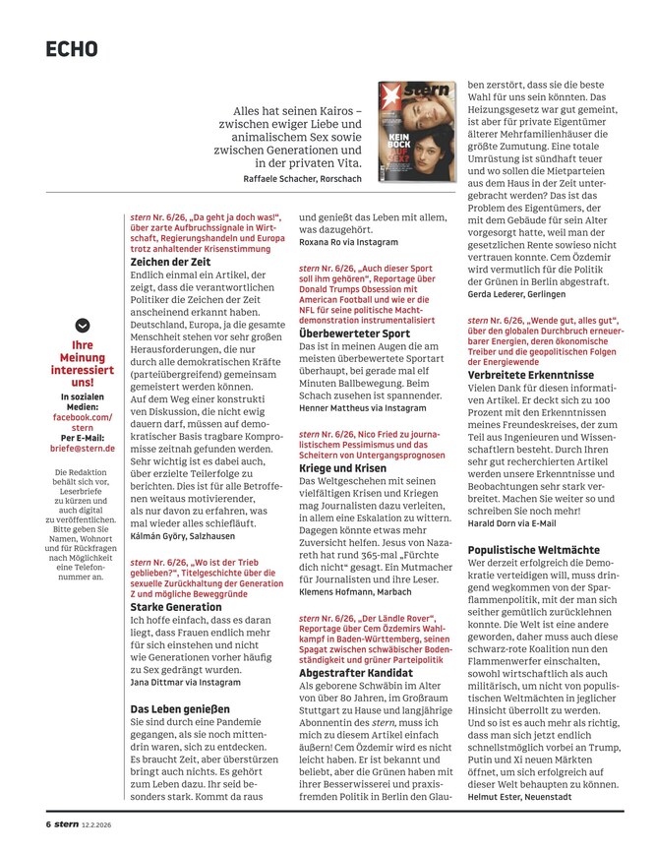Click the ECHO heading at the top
pos(72,48)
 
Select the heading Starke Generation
pos(176,607)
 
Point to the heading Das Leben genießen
pos(179,707)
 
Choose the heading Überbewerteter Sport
pos(354,334)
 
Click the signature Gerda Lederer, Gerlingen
pos(522,294)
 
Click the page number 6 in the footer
pos(47,824)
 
